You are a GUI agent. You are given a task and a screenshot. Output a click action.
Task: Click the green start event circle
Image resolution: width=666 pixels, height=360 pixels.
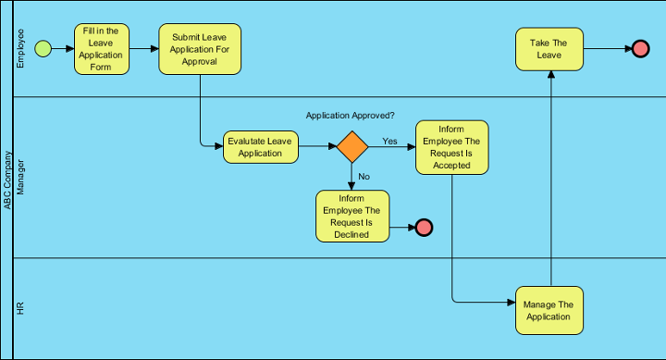pyautogui.click(x=43, y=49)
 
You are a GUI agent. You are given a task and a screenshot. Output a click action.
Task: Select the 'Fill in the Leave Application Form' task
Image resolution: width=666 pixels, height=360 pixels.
pyautogui.click(x=102, y=49)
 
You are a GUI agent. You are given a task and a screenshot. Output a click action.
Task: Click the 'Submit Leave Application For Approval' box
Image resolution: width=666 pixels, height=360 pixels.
pyautogui.click(x=200, y=49)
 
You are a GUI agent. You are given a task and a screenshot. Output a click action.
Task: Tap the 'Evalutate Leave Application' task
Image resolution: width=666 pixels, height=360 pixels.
pyautogui.click(x=260, y=147)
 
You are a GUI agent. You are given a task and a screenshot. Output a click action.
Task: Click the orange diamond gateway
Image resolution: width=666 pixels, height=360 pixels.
pyautogui.click(x=351, y=147)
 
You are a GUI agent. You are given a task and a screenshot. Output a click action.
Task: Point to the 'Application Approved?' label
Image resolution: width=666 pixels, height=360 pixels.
pyautogui.click(x=351, y=116)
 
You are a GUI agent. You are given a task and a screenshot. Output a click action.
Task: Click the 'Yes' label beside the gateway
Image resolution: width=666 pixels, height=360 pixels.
pyautogui.click(x=389, y=141)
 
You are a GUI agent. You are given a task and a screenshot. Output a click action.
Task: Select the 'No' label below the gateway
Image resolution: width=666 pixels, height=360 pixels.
pyautogui.click(x=364, y=176)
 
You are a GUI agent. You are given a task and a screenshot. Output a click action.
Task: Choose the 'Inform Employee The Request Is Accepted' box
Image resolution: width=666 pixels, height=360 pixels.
pyautogui.click(x=451, y=147)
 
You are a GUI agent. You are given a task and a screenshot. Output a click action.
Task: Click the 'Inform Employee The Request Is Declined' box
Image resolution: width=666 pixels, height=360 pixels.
pyautogui.click(x=352, y=216)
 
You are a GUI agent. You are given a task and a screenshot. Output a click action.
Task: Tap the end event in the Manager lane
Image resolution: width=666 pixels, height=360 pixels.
pyautogui.click(x=424, y=228)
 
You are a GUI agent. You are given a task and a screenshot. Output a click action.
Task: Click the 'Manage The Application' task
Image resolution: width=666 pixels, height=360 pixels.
pyautogui.click(x=549, y=310)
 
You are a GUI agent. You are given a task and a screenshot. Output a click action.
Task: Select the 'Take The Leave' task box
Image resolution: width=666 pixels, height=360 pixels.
pyautogui.click(x=549, y=49)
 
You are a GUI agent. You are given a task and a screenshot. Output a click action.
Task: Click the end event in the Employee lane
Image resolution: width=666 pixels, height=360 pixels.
pyautogui.click(x=640, y=49)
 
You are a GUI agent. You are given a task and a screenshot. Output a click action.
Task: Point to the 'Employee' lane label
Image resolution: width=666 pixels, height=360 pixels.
pyautogui.click(x=21, y=49)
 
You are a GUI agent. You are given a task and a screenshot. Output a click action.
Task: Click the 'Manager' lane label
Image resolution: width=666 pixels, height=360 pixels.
pyautogui.click(x=21, y=177)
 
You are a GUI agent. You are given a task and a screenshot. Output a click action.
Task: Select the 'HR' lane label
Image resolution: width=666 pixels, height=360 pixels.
pyautogui.click(x=21, y=308)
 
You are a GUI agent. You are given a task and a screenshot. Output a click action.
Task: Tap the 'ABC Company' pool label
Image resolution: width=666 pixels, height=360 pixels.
pyautogui.click(x=7, y=180)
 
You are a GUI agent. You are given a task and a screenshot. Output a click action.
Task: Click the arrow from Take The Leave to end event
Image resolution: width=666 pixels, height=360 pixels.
pyautogui.click(x=607, y=49)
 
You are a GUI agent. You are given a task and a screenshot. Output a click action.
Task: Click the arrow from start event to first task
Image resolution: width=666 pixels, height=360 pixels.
pyautogui.click(x=63, y=49)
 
